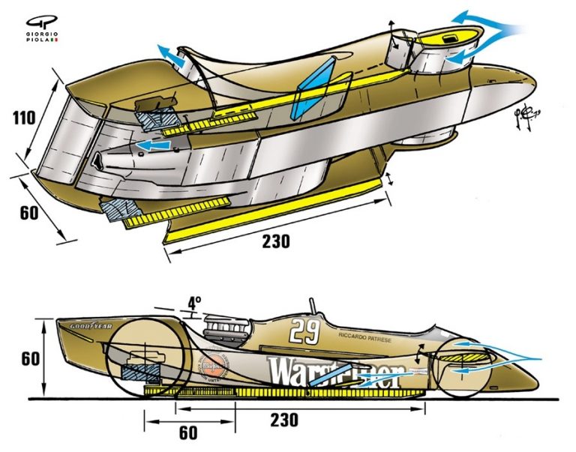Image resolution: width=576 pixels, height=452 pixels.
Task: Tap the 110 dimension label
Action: (27, 118)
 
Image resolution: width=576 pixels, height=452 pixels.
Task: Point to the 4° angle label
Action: (194, 304)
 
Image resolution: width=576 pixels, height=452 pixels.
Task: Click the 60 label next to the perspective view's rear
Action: (28, 213)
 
